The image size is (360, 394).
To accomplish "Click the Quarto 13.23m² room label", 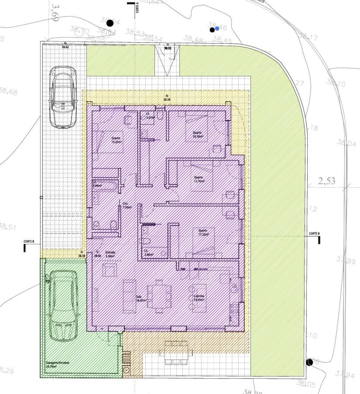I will coord(117,140).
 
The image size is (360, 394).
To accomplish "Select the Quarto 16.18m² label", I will coord(197,134).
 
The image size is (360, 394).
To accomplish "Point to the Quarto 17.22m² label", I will coord(202,232).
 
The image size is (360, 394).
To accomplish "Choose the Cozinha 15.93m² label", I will coord(199,298).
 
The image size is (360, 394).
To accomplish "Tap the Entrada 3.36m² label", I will coord(110,254).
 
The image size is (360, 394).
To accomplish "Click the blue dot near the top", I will coord(217,29).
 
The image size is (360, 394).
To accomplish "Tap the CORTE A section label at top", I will coord(137,8).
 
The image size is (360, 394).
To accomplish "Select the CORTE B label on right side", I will coord(314,234).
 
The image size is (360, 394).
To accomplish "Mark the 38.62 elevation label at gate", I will coord(65,47).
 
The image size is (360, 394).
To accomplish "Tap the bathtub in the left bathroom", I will coord(106,186).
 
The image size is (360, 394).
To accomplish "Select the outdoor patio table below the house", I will coord(176,352).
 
